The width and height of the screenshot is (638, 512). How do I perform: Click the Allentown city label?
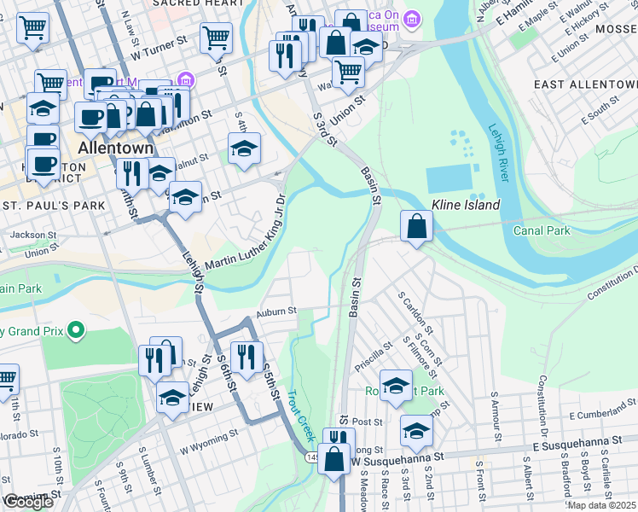pos(115,148)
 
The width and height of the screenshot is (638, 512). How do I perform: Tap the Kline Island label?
pos(466,205)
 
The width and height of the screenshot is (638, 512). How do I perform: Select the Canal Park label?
pos(541,230)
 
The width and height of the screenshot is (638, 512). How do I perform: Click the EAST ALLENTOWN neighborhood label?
pos(584,85)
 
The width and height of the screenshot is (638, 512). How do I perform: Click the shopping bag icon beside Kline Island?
pos(416,227)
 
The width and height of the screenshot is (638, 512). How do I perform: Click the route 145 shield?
pos(312,458)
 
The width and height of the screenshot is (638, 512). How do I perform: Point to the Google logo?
pos(28,502)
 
